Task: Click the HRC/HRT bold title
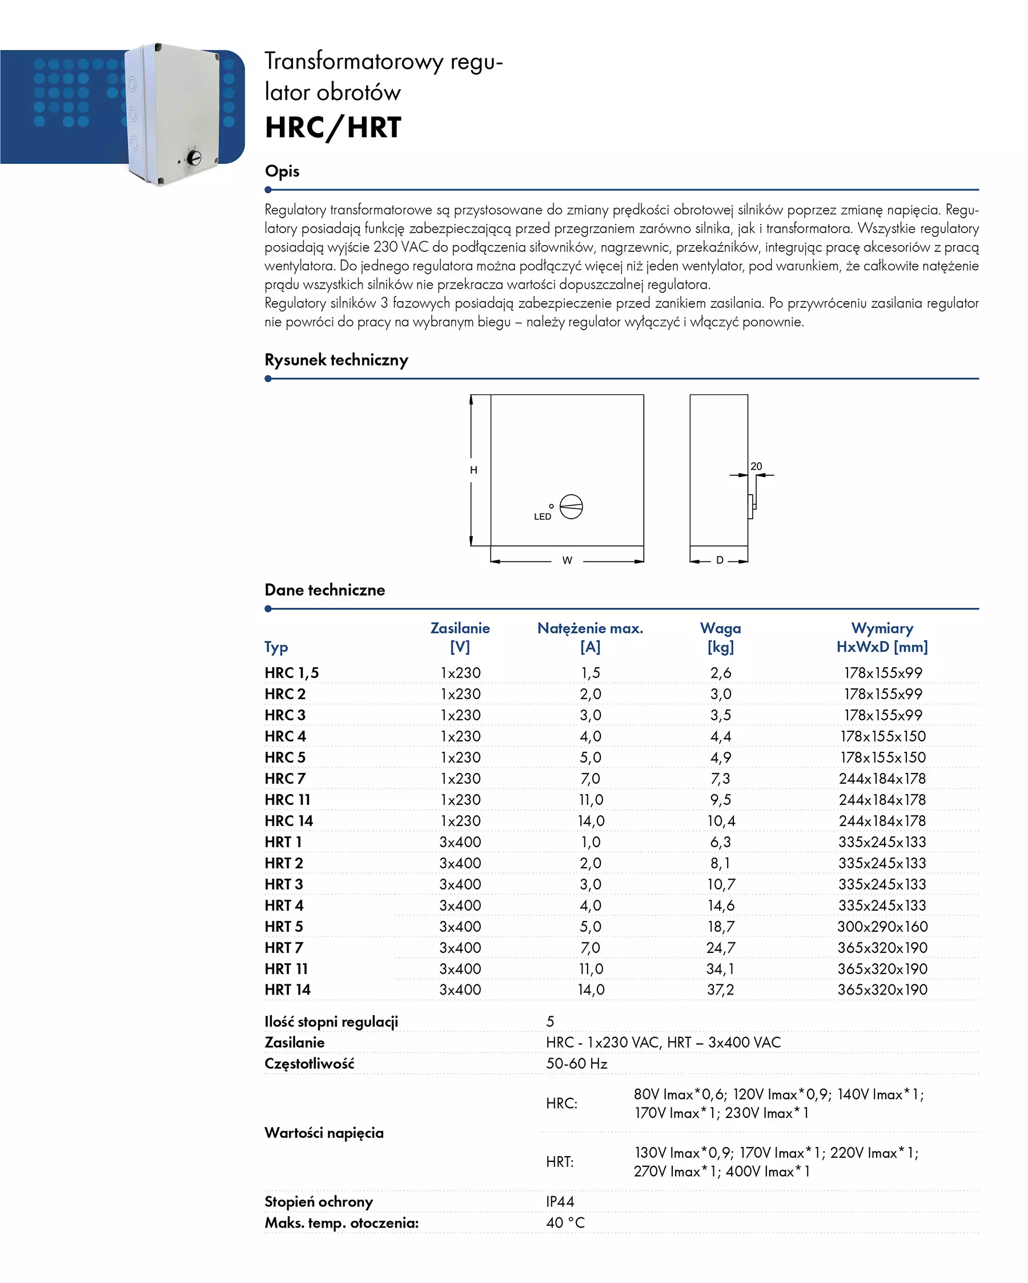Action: (332, 127)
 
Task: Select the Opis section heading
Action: (282, 171)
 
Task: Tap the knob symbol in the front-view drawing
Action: (571, 507)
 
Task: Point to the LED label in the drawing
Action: (542, 516)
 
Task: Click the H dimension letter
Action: (473, 470)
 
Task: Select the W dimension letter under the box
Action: (567, 560)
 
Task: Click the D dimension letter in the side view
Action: (719, 560)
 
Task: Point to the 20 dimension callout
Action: (756, 467)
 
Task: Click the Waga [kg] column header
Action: (720, 638)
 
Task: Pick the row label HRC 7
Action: (285, 779)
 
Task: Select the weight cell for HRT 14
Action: (720, 989)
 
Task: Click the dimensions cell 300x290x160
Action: (882, 927)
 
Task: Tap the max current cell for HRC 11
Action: (591, 800)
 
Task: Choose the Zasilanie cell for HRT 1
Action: (460, 842)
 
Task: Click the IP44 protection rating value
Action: (560, 1201)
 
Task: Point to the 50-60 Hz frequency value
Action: (576, 1064)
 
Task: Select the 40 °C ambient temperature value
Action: (565, 1223)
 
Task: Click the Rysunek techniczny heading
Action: (336, 360)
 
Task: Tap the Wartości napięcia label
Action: (324, 1132)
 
